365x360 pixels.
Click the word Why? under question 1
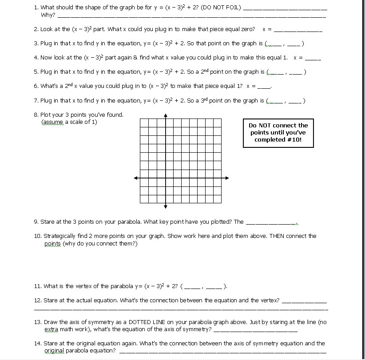click(48, 15)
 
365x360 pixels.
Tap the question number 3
click(36, 44)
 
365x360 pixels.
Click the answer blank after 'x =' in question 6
click(264, 87)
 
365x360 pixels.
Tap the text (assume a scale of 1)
click(69, 122)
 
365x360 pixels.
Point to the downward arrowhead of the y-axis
click(166, 206)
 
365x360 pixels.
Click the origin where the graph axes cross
click(166, 178)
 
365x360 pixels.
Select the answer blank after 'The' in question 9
click(271, 222)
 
